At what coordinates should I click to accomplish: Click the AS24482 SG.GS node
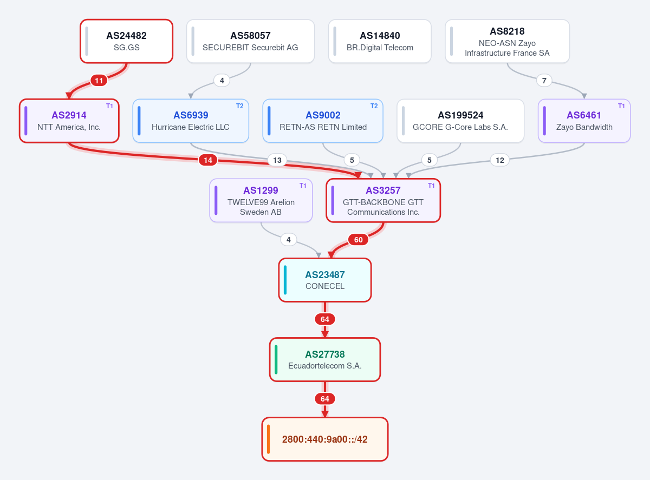[126, 41]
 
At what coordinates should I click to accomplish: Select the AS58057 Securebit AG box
[250, 41]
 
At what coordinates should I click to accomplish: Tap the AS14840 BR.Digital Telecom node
[380, 41]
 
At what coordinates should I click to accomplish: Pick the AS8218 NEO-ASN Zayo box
[507, 41]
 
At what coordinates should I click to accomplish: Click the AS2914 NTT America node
[69, 121]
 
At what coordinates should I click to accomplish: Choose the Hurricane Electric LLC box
[191, 121]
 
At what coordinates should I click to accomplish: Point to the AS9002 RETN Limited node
[323, 121]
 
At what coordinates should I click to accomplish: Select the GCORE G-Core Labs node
[460, 121]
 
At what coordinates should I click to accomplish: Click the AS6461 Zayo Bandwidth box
[584, 121]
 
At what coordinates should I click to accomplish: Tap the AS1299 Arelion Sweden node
[261, 201]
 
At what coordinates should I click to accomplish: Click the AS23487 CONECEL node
[324, 280]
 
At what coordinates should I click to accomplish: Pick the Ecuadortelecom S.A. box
[324, 360]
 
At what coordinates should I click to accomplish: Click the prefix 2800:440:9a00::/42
[324, 439]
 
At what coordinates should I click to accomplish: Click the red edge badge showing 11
[99, 81]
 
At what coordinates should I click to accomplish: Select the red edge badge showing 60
[358, 240]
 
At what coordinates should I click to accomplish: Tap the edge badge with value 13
[277, 160]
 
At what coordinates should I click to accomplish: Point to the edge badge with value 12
[499, 160]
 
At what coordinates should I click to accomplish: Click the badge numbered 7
[544, 81]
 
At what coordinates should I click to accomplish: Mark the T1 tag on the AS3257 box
[431, 186]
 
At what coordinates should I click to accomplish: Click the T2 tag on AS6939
[240, 106]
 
